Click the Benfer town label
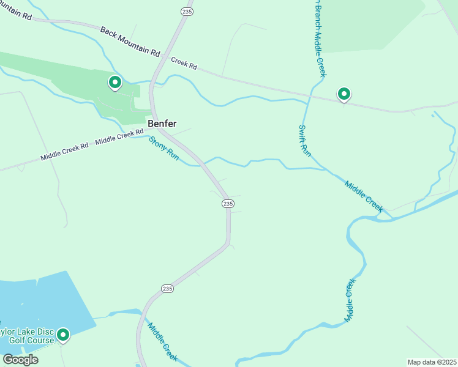pyautogui.click(x=162, y=124)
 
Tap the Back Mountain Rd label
pyautogui.click(x=129, y=41)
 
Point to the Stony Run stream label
pyautogui.click(x=164, y=149)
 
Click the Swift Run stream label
pyautogui.click(x=304, y=140)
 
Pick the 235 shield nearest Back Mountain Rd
pyautogui.click(x=187, y=12)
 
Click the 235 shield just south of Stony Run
pyautogui.click(x=228, y=203)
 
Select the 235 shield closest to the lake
pyautogui.click(x=168, y=288)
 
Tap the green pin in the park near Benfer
pyautogui.click(x=114, y=82)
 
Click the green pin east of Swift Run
pyautogui.click(x=344, y=94)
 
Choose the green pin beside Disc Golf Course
pyautogui.click(x=62, y=335)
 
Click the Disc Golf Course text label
pyautogui.click(x=28, y=336)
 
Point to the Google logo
pyautogui.click(x=20, y=359)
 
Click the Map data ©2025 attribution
pyautogui.click(x=432, y=362)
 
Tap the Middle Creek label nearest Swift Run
pyautogui.click(x=364, y=196)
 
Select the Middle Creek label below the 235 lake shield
pyautogui.click(x=162, y=341)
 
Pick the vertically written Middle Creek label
pyautogui.click(x=350, y=300)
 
